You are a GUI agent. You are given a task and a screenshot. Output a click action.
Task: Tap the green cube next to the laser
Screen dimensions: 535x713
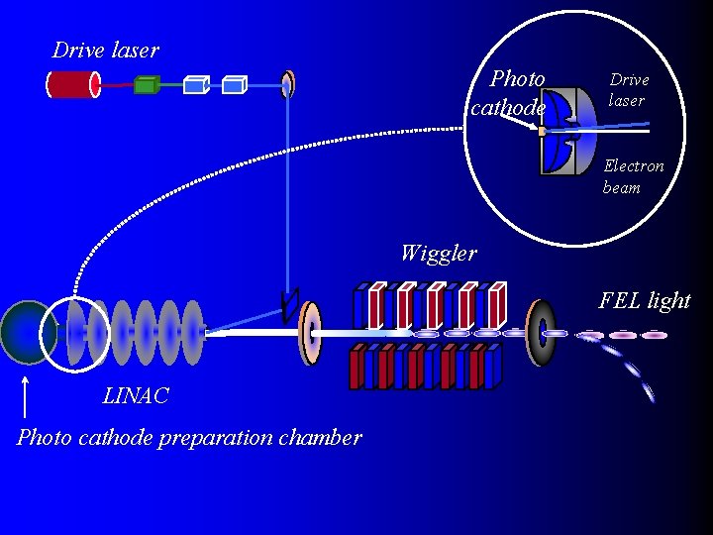(x=146, y=85)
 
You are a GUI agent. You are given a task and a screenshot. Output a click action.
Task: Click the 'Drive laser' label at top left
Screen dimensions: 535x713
(x=105, y=50)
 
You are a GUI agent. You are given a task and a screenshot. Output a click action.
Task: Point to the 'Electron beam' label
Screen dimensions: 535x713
(x=634, y=176)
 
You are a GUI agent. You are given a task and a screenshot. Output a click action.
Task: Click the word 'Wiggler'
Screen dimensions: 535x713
(x=438, y=253)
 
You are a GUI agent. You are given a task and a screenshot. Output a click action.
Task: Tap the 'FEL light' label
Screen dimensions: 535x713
(x=645, y=300)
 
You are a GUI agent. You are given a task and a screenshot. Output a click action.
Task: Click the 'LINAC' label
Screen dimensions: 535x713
(x=136, y=396)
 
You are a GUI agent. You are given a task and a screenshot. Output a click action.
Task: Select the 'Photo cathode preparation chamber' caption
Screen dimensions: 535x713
(x=189, y=437)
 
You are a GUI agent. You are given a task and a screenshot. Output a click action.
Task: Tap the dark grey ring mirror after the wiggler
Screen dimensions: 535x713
(x=542, y=333)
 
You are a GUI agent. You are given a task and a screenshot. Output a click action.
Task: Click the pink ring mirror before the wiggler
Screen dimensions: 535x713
(x=311, y=334)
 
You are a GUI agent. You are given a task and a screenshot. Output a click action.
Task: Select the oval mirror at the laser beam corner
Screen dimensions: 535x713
(x=288, y=84)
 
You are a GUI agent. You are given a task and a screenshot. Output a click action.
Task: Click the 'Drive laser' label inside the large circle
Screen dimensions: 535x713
(x=628, y=89)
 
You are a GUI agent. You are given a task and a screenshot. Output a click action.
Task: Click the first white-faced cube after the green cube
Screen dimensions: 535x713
(x=195, y=85)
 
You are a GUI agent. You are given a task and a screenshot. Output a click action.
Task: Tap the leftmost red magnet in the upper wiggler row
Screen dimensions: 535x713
(x=374, y=307)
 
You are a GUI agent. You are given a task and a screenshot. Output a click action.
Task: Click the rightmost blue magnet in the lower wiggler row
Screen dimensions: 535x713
(x=492, y=366)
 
